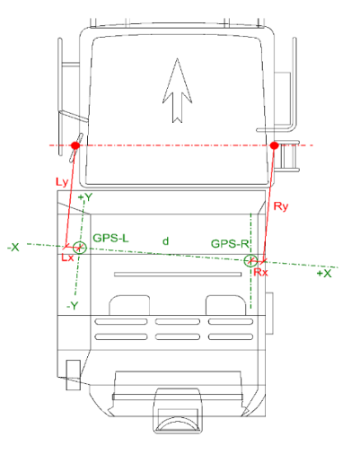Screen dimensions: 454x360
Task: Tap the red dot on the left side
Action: point(75,144)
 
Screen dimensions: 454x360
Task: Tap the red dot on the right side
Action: point(274,144)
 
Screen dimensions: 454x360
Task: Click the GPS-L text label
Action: point(111,238)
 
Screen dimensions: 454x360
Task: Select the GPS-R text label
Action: point(230,243)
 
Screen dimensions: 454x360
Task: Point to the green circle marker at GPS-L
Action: point(79,248)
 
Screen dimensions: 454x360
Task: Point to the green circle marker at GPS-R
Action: point(250,260)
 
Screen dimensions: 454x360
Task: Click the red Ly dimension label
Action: point(61,182)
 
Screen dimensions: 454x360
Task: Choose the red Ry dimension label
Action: point(282,206)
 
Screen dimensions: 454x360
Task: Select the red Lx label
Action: point(66,258)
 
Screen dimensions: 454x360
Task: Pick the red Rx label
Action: point(259,272)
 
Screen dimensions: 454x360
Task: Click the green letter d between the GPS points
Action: point(165,240)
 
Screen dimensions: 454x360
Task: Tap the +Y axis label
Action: point(86,196)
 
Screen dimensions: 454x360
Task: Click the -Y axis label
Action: point(74,305)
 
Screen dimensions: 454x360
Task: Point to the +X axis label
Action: point(324,274)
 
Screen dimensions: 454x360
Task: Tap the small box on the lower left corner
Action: point(72,368)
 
